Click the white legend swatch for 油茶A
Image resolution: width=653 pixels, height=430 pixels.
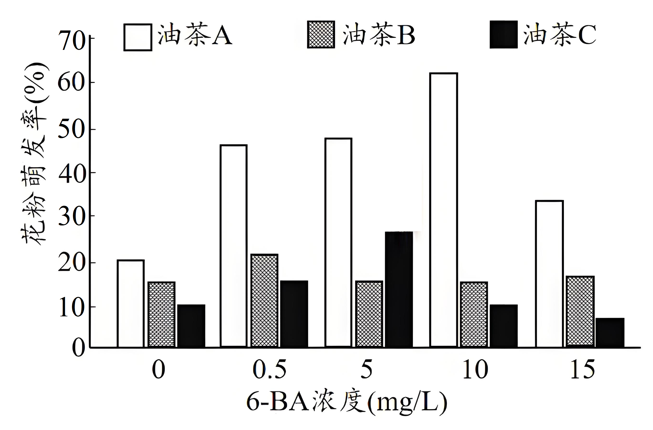coord(138,37)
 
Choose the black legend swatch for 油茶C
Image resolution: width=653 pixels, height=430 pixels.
coord(503,35)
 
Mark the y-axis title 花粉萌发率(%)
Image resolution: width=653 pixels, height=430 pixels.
coord(34,154)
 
